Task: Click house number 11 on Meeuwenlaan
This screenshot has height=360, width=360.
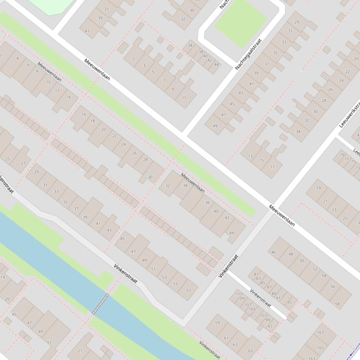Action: (184, 98)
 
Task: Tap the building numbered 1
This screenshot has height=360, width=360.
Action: (133, 59)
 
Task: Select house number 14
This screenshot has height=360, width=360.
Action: (69, 97)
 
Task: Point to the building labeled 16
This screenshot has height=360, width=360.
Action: (84, 114)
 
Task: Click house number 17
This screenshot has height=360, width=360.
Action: (272, 166)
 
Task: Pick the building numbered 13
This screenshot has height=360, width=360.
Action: (250, 156)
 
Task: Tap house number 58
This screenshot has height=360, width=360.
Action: (338, 304)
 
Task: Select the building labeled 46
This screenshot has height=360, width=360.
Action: (273, 252)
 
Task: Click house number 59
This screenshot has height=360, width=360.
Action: (217, 323)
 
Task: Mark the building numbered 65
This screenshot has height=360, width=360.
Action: (250, 350)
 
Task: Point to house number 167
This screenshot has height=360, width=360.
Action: (320, 333)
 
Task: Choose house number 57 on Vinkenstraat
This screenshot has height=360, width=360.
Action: (189, 290)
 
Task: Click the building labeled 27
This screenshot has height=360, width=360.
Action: (23, 163)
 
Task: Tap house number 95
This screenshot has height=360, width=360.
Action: (289, 302)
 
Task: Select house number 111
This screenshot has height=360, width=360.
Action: (239, 294)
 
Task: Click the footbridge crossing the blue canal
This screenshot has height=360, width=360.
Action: (100, 304)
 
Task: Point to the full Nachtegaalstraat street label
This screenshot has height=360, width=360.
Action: (248, 54)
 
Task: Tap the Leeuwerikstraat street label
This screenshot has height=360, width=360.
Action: (350, 115)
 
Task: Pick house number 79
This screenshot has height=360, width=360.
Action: (342, 155)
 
